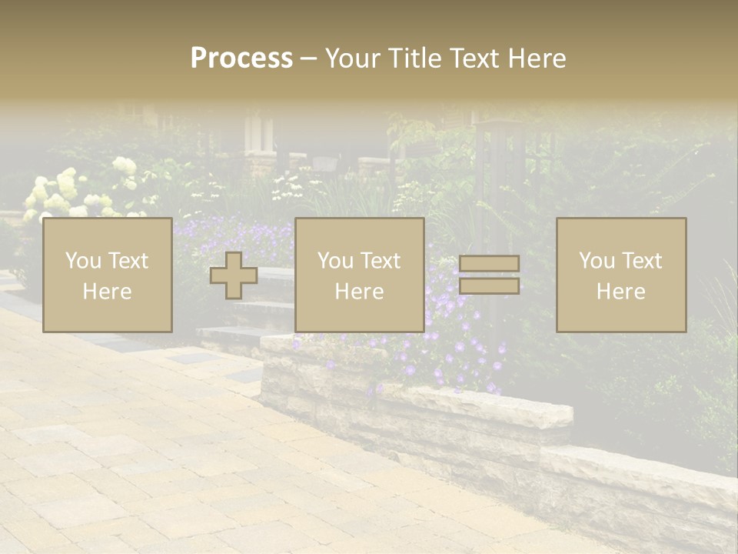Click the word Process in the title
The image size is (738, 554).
pyautogui.click(x=241, y=58)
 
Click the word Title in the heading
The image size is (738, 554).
pyautogui.click(x=412, y=58)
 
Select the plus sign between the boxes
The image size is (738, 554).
pyautogui.click(x=234, y=275)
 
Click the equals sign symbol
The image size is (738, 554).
pyautogui.click(x=489, y=275)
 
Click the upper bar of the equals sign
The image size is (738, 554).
pyautogui.click(x=489, y=264)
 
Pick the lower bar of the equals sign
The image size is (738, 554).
pyautogui.click(x=489, y=285)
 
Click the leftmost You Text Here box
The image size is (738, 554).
pyautogui.click(x=107, y=275)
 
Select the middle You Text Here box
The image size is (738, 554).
pyautogui.click(x=359, y=275)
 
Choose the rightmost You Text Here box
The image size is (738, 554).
pyautogui.click(x=621, y=275)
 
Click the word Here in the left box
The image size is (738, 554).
pyautogui.click(x=107, y=292)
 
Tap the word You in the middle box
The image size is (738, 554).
pyautogui.click(x=334, y=261)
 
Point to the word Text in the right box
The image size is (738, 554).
pyautogui.click(x=643, y=261)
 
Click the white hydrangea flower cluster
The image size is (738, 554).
pyautogui.click(x=58, y=192)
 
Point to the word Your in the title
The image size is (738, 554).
pyautogui.click(x=351, y=58)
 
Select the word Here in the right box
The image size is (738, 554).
pyautogui.click(x=621, y=292)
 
